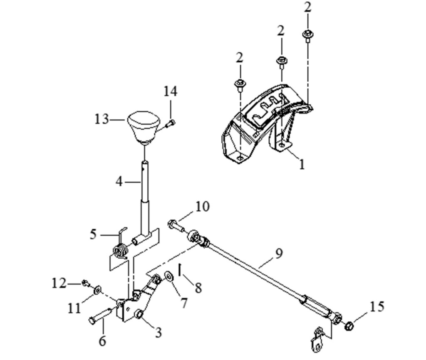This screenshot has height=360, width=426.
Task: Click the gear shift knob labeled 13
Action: point(144,126)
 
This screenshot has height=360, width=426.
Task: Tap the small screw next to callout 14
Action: point(170,123)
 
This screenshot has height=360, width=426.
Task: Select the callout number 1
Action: point(302,164)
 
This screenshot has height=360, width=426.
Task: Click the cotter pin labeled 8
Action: point(180,270)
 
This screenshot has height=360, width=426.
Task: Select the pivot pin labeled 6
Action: point(100,316)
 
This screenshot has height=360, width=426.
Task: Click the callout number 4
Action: point(119,181)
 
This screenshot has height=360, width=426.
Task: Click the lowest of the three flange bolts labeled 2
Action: point(240,85)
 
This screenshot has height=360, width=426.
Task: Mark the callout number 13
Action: point(102,119)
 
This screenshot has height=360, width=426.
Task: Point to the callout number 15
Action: point(377,306)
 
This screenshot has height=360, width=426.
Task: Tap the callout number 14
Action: point(170,91)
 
